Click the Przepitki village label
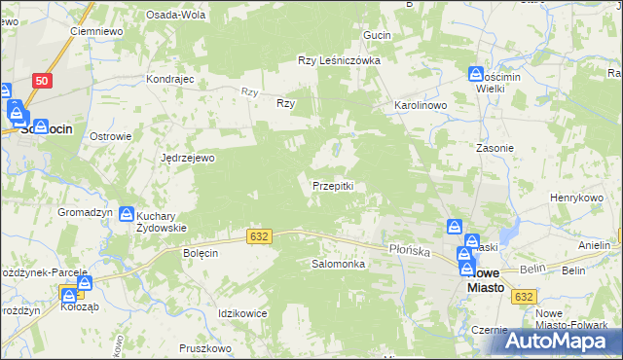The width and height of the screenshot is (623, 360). pyautogui.click(x=339, y=186)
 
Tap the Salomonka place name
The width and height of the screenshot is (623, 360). pyautogui.click(x=338, y=264)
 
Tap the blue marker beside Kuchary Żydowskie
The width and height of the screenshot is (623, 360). pyautogui.click(x=127, y=214)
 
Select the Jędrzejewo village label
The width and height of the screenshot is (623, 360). pyautogui.click(x=188, y=157)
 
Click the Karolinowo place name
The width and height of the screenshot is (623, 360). pyautogui.click(x=420, y=103)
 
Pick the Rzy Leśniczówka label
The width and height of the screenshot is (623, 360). pyautogui.click(x=338, y=60)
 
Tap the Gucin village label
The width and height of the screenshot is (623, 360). pyautogui.click(x=377, y=35)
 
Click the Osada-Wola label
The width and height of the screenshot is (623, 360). pyautogui.click(x=174, y=16)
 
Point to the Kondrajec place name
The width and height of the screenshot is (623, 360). pyautogui.click(x=170, y=79)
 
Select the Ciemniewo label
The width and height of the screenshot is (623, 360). pyautogui.click(x=94, y=31)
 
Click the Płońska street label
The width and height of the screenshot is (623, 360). pyautogui.click(x=410, y=250)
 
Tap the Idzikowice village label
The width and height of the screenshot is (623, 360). pyautogui.click(x=243, y=312)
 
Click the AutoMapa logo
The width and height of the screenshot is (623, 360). pyautogui.click(x=560, y=341)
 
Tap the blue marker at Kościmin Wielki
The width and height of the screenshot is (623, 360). pyautogui.click(x=475, y=74)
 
